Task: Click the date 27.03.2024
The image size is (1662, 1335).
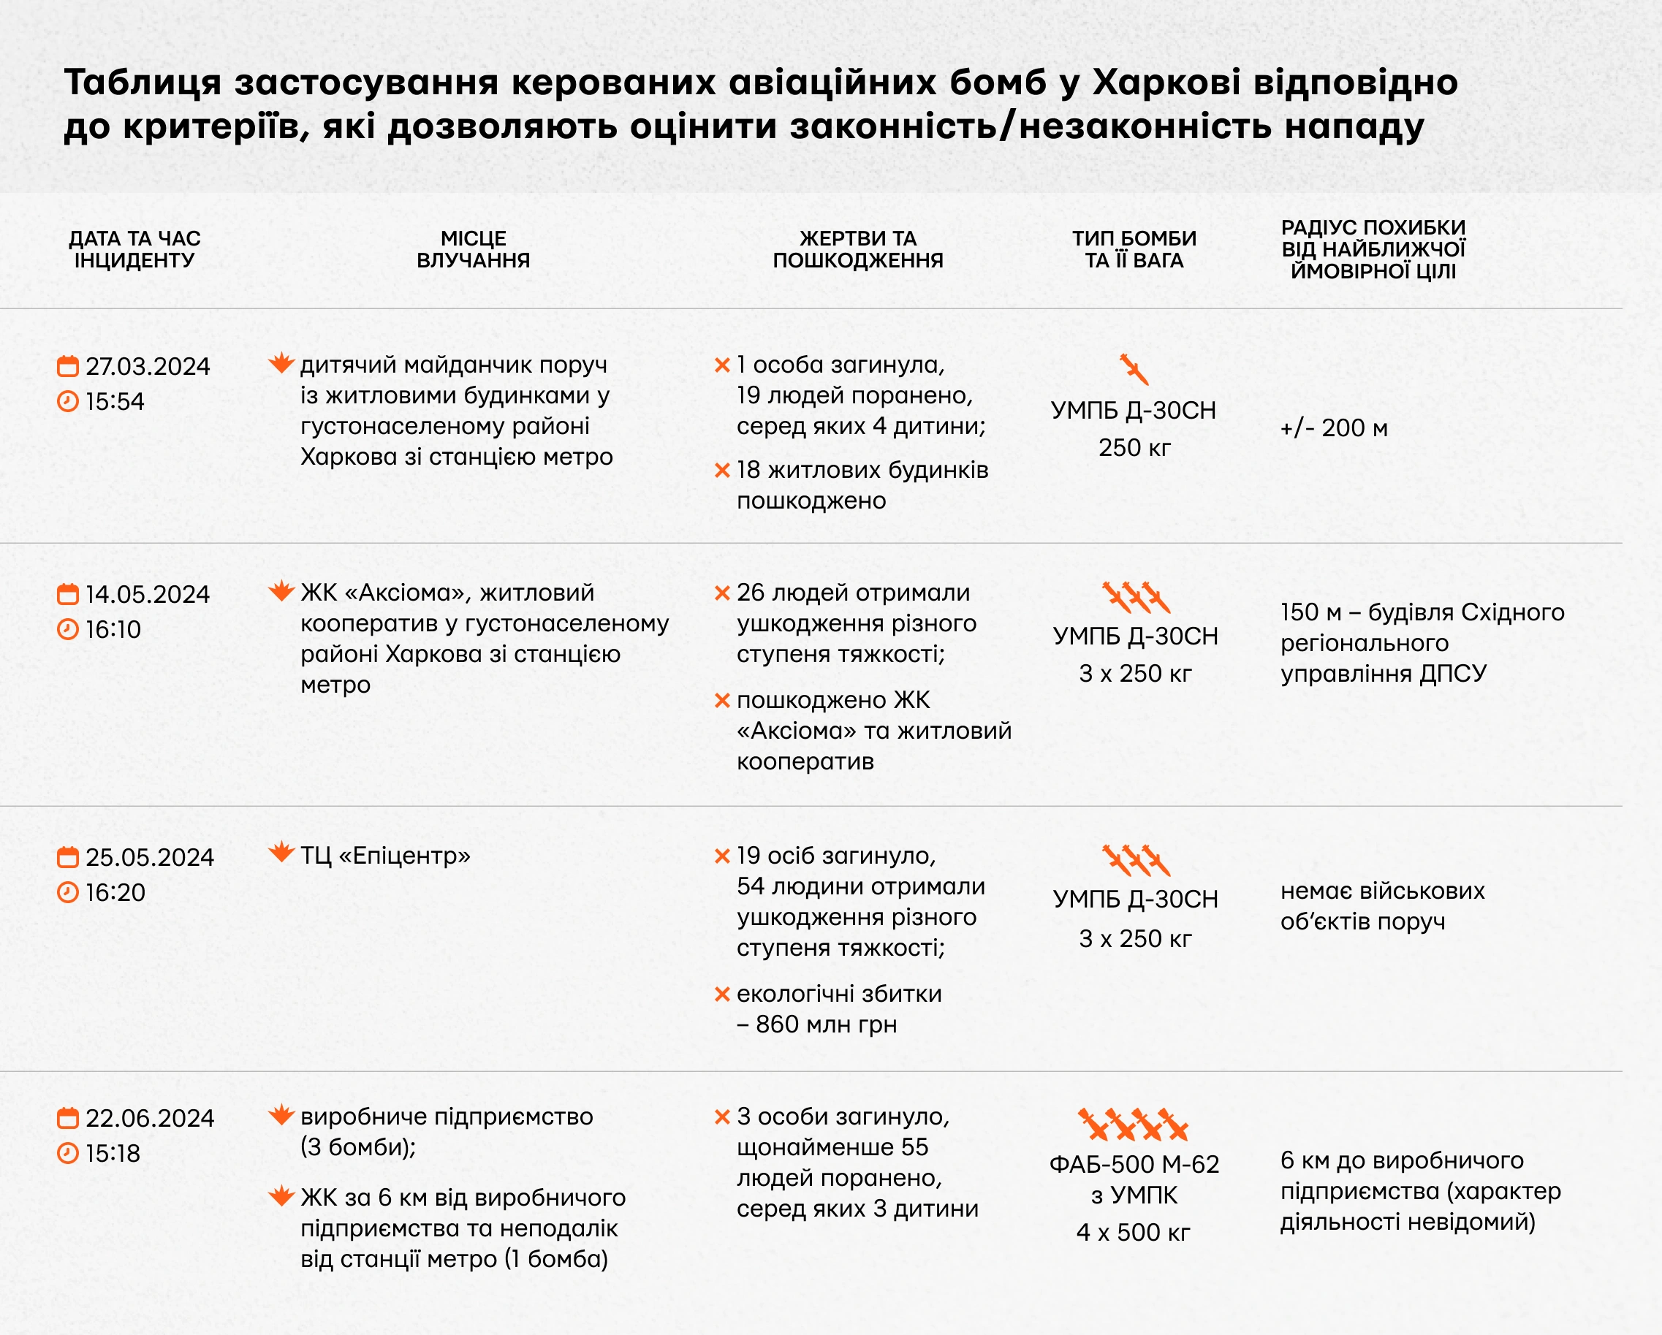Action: (x=147, y=366)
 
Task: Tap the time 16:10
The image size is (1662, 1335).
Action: (x=113, y=630)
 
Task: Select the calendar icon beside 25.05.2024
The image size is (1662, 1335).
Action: (x=68, y=857)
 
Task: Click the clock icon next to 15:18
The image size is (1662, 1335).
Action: (x=68, y=1153)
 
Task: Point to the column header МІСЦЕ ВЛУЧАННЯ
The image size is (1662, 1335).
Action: (x=474, y=249)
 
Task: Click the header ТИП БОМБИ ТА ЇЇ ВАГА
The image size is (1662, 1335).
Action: (x=1134, y=249)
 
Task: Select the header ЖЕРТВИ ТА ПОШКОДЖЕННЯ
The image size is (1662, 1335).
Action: (x=857, y=249)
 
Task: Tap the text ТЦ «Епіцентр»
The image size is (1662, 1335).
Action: (x=384, y=856)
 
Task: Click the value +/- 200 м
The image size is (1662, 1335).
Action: (x=1334, y=427)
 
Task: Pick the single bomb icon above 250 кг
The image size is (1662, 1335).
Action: (x=1134, y=369)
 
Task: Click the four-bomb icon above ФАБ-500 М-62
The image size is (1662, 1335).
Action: (x=1133, y=1125)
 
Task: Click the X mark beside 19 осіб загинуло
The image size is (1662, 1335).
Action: (x=722, y=856)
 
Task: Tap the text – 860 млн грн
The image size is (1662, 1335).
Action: (x=817, y=1024)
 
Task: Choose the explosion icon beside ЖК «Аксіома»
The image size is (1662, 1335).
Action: (x=282, y=591)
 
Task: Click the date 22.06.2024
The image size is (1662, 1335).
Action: (x=150, y=1119)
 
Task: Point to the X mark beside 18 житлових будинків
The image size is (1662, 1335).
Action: (x=722, y=470)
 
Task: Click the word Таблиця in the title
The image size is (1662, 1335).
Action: (x=143, y=83)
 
